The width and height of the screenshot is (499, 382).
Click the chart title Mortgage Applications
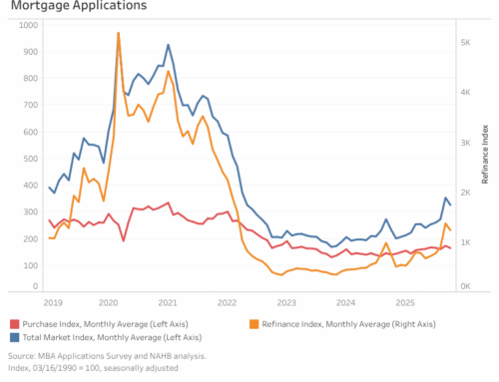(76, 6)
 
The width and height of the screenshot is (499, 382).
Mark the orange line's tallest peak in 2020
(119, 33)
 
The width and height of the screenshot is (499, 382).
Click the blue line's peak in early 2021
(168, 45)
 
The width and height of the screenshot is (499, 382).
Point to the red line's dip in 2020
(124, 240)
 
